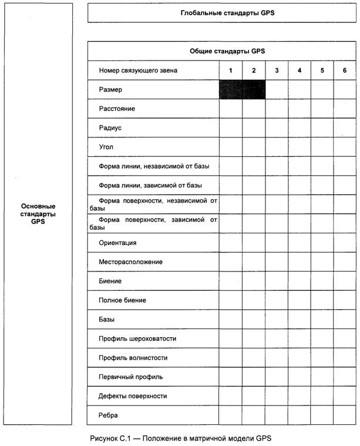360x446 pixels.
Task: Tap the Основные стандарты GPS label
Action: (38, 214)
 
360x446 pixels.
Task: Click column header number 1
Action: (231, 71)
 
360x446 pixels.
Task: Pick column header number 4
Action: (300, 71)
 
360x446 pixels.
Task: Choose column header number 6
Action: (345, 71)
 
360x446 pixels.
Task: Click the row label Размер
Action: (112, 90)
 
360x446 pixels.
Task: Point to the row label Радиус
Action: (110, 128)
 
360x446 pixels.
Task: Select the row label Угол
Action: (106, 147)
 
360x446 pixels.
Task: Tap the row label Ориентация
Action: (117, 243)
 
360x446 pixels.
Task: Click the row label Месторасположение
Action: (130, 261)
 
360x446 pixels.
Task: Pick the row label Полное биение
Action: (122, 300)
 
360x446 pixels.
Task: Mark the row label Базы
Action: (106, 320)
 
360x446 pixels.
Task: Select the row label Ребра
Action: (108, 415)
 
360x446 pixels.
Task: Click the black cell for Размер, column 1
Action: (231, 90)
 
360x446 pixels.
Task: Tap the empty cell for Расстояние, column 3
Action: (277, 109)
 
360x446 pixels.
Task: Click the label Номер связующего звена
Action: (138, 71)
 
